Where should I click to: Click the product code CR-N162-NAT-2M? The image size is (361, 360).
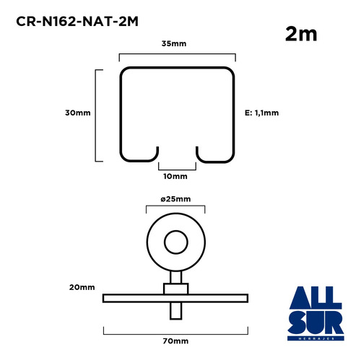[77, 22]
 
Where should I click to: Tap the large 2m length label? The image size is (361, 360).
[301, 34]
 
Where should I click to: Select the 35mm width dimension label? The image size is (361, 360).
[174, 44]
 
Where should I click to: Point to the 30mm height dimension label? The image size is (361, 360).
[78, 113]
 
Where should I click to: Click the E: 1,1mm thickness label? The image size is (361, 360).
[261, 113]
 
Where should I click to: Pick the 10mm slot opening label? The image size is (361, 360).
[175, 176]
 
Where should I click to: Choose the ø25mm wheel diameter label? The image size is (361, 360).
[175, 199]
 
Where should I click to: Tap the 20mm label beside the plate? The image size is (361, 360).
[82, 287]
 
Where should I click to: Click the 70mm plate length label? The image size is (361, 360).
[175, 341]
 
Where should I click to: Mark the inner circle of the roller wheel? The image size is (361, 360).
[176, 231]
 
